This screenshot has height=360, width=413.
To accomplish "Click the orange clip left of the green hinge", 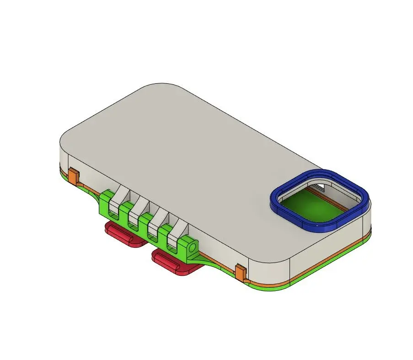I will pyautogui.click(x=74, y=176).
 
